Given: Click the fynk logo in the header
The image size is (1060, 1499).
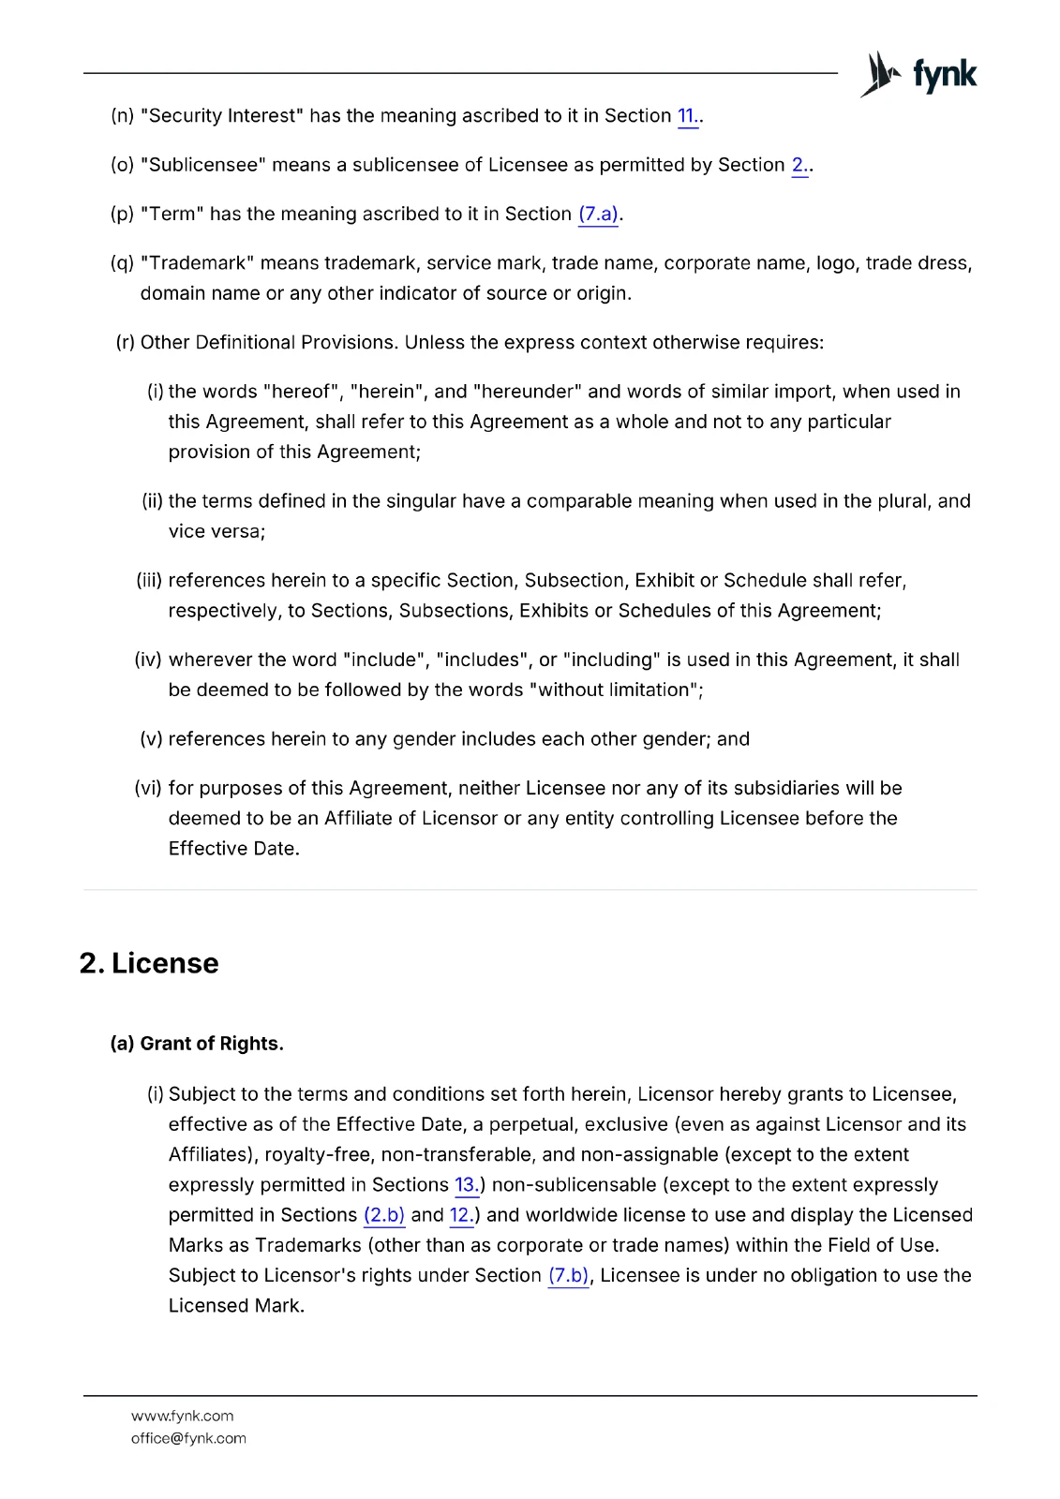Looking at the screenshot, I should click(x=918, y=74).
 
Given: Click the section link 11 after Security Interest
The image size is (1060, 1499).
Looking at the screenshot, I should click(x=686, y=116).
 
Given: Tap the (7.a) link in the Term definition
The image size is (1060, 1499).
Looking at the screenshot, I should click(x=598, y=215).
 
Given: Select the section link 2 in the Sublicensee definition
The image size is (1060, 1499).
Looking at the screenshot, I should click(x=799, y=166).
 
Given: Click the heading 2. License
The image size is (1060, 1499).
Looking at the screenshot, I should click(x=149, y=963).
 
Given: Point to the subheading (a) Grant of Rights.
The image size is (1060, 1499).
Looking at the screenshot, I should click(x=197, y=1044).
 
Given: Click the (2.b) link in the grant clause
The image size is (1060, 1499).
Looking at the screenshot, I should click(x=384, y=1215).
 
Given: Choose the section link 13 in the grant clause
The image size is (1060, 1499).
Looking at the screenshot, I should click(x=465, y=1185).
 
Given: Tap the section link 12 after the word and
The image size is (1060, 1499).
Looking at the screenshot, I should click(x=460, y=1215).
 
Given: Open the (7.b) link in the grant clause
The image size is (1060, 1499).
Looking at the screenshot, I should click(x=569, y=1276).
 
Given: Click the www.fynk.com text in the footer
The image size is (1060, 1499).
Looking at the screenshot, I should click(x=183, y=1416).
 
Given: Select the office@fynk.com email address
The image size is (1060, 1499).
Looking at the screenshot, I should click(x=188, y=1438).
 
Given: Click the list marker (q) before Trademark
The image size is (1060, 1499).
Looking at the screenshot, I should click(x=122, y=263).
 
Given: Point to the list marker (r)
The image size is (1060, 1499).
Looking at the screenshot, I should click(x=126, y=343).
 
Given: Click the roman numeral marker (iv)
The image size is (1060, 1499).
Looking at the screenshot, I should click(x=148, y=660).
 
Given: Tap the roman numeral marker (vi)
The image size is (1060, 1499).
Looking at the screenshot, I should click(x=148, y=789).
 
